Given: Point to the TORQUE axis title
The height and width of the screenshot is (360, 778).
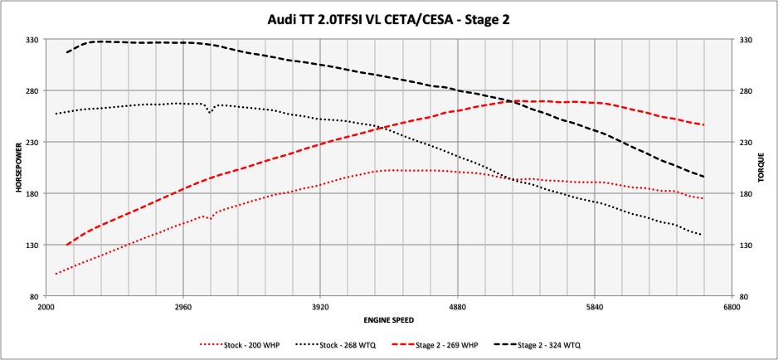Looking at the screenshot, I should click(x=761, y=168).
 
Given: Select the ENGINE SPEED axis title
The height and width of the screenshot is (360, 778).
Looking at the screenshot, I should click(x=388, y=319).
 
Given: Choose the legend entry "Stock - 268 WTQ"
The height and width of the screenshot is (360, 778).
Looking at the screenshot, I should click(x=343, y=343).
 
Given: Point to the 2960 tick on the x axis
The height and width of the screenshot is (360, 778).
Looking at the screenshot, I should click(x=183, y=305).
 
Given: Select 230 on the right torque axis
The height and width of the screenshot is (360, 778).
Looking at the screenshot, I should click(x=744, y=142).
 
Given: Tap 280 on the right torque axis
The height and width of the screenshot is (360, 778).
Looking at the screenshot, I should click(x=744, y=90).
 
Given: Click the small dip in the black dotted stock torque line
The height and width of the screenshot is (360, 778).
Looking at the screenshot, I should click(x=210, y=110).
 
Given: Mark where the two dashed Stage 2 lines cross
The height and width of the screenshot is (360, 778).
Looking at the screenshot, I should click(x=512, y=101).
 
